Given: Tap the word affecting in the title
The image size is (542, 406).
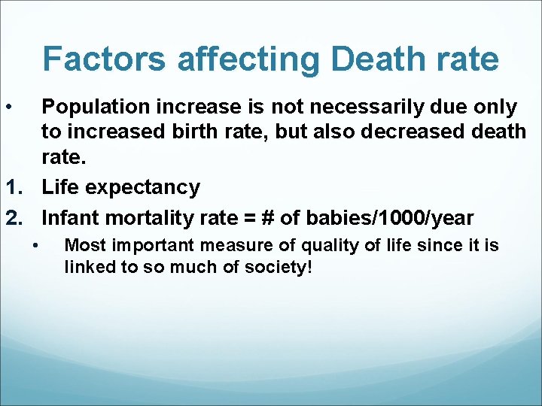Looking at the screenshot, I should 236,59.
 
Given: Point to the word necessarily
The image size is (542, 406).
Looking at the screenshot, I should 349,108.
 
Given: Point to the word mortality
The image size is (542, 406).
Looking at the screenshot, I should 145,218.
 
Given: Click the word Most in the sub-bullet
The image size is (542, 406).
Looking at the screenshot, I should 83,245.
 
